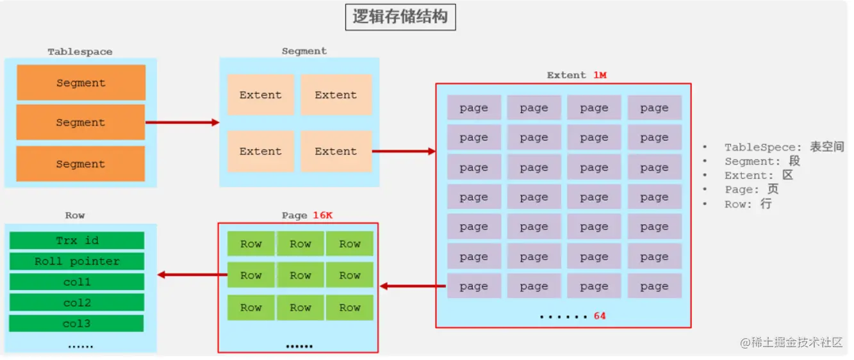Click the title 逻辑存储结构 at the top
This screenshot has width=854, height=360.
tap(400, 17)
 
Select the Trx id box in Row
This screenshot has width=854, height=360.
tap(77, 240)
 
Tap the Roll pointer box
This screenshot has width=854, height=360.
tap(77, 261)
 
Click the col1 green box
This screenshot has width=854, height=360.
tap(77, 282)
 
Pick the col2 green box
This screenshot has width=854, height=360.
tap(77, 302)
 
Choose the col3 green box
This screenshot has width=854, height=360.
tap(77, 323)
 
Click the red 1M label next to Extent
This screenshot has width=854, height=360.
tap(600, 76)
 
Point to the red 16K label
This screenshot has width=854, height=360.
tap(322, 215)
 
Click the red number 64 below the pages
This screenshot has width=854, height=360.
tap(600, 316)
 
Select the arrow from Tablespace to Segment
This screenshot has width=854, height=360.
tap(183, 122)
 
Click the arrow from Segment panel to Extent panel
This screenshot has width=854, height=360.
tap(404, 152)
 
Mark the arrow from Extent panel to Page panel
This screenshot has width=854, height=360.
tap(413, 286)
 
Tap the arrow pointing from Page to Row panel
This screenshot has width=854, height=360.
tap(192, 275)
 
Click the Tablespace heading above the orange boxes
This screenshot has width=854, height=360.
tap(80, 51)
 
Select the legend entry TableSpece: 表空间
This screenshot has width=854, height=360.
tap(784, 147)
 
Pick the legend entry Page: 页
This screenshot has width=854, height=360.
tap(751, 190)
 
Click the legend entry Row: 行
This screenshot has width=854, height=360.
tap(748, 204)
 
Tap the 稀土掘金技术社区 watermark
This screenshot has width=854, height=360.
tap(792, 342)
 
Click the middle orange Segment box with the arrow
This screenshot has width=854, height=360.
tap(81, 122)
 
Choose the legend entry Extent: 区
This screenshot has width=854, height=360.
tap(759, 176)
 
